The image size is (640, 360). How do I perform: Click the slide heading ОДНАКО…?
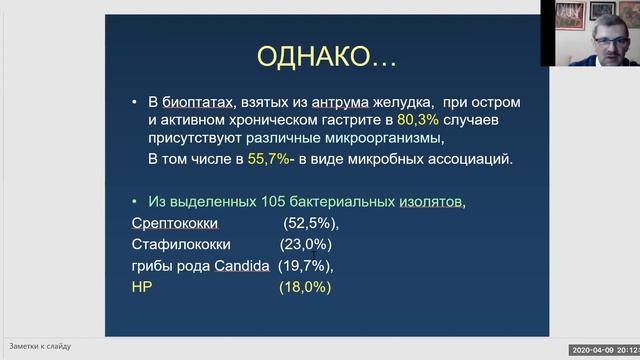326,58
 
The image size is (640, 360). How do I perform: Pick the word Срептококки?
175,222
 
